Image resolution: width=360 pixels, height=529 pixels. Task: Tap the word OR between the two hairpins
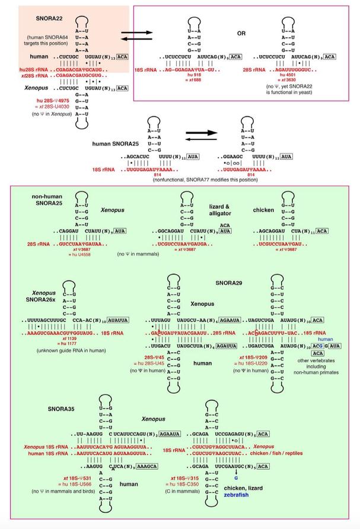point(240,33)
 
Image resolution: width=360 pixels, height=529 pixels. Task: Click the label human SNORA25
point(116,144)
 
